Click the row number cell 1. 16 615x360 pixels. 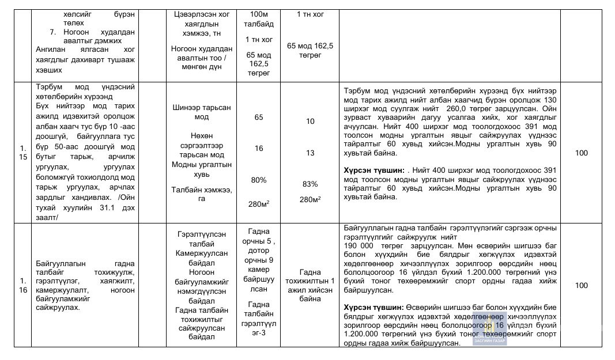[22, 285]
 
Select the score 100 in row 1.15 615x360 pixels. [581, 153]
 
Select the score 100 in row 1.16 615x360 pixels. [581, 285]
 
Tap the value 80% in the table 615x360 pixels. [259, 180]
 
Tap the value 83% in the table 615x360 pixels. [310, 184]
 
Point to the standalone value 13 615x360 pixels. [310, 153]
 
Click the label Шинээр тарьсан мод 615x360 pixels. [201, 112]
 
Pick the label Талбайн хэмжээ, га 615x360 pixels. [201, 194]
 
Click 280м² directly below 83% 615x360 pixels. [310, 199]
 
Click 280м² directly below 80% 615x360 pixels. [259, 203]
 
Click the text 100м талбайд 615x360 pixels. [259, 19]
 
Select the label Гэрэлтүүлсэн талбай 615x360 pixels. [201, 238]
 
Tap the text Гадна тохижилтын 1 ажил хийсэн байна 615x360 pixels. [310, 285]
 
